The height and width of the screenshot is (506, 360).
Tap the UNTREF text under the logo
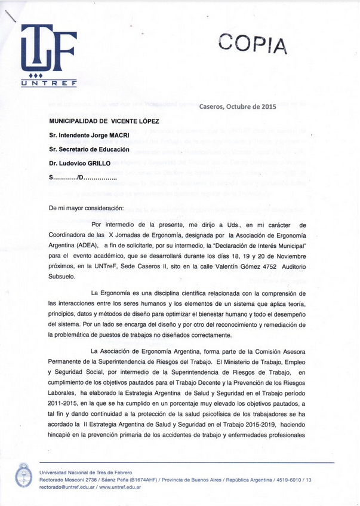coord(48,84)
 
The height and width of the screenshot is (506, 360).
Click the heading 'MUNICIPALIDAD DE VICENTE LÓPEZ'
coord(104,121)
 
